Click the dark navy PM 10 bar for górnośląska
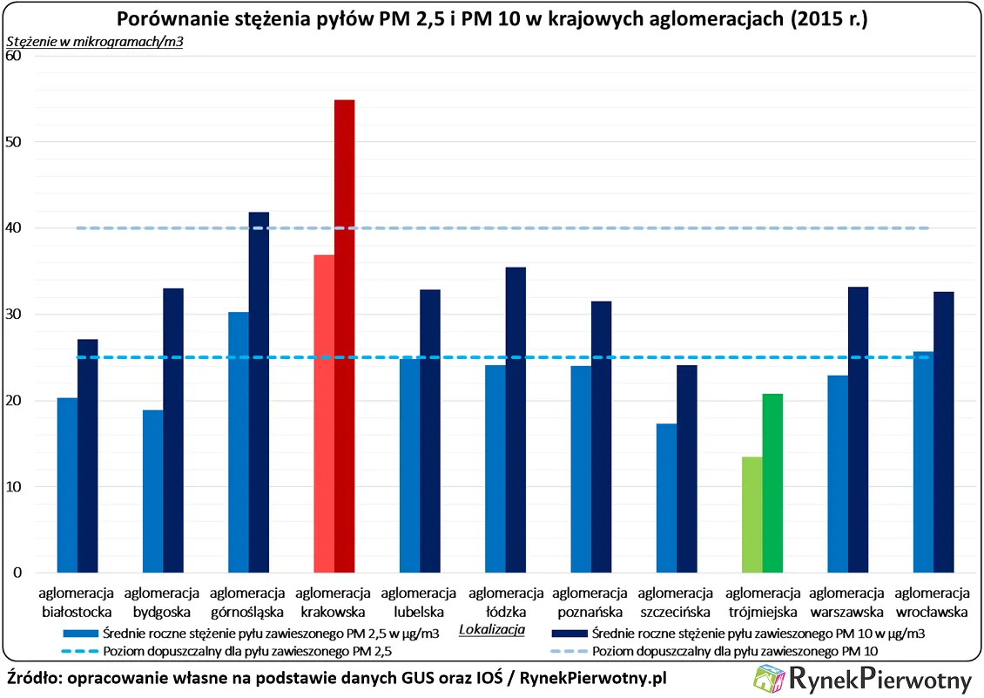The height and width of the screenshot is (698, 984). [259, 392]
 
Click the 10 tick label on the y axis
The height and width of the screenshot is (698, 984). [17, 487]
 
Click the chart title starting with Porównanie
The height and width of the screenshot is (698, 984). [492, 19]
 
